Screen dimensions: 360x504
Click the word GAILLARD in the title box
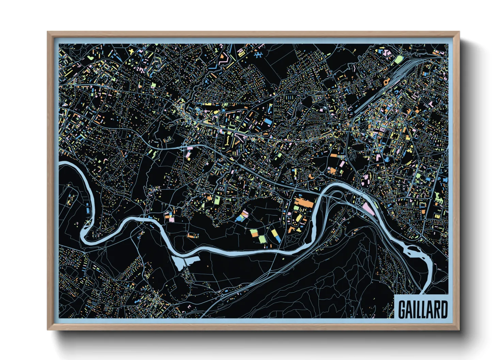pyautogui.click(x=423, y=309)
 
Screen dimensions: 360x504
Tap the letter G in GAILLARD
pyautogui.click(x=402, y=309)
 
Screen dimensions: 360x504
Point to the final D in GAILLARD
pyautogui.click(x=444, y=309)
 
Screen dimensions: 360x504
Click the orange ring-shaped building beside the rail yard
pyautogui.click(x=386, y=82)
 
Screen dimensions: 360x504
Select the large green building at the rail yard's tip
pyautogui.click(x=398, y=60)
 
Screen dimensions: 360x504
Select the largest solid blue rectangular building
pyautogui.click(x=268, y=121)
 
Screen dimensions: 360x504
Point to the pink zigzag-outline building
pyautogui.click(x=223, y=61)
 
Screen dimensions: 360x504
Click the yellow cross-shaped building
pyautogui.click(x=131, y=51)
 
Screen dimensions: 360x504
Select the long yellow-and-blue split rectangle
pyautogui.click(x=275, y=235)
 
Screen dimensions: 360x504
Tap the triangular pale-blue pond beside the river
pyautogui.click(x=184, y=262)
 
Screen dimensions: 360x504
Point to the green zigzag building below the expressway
pyautogui.click(x=155, y=154)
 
